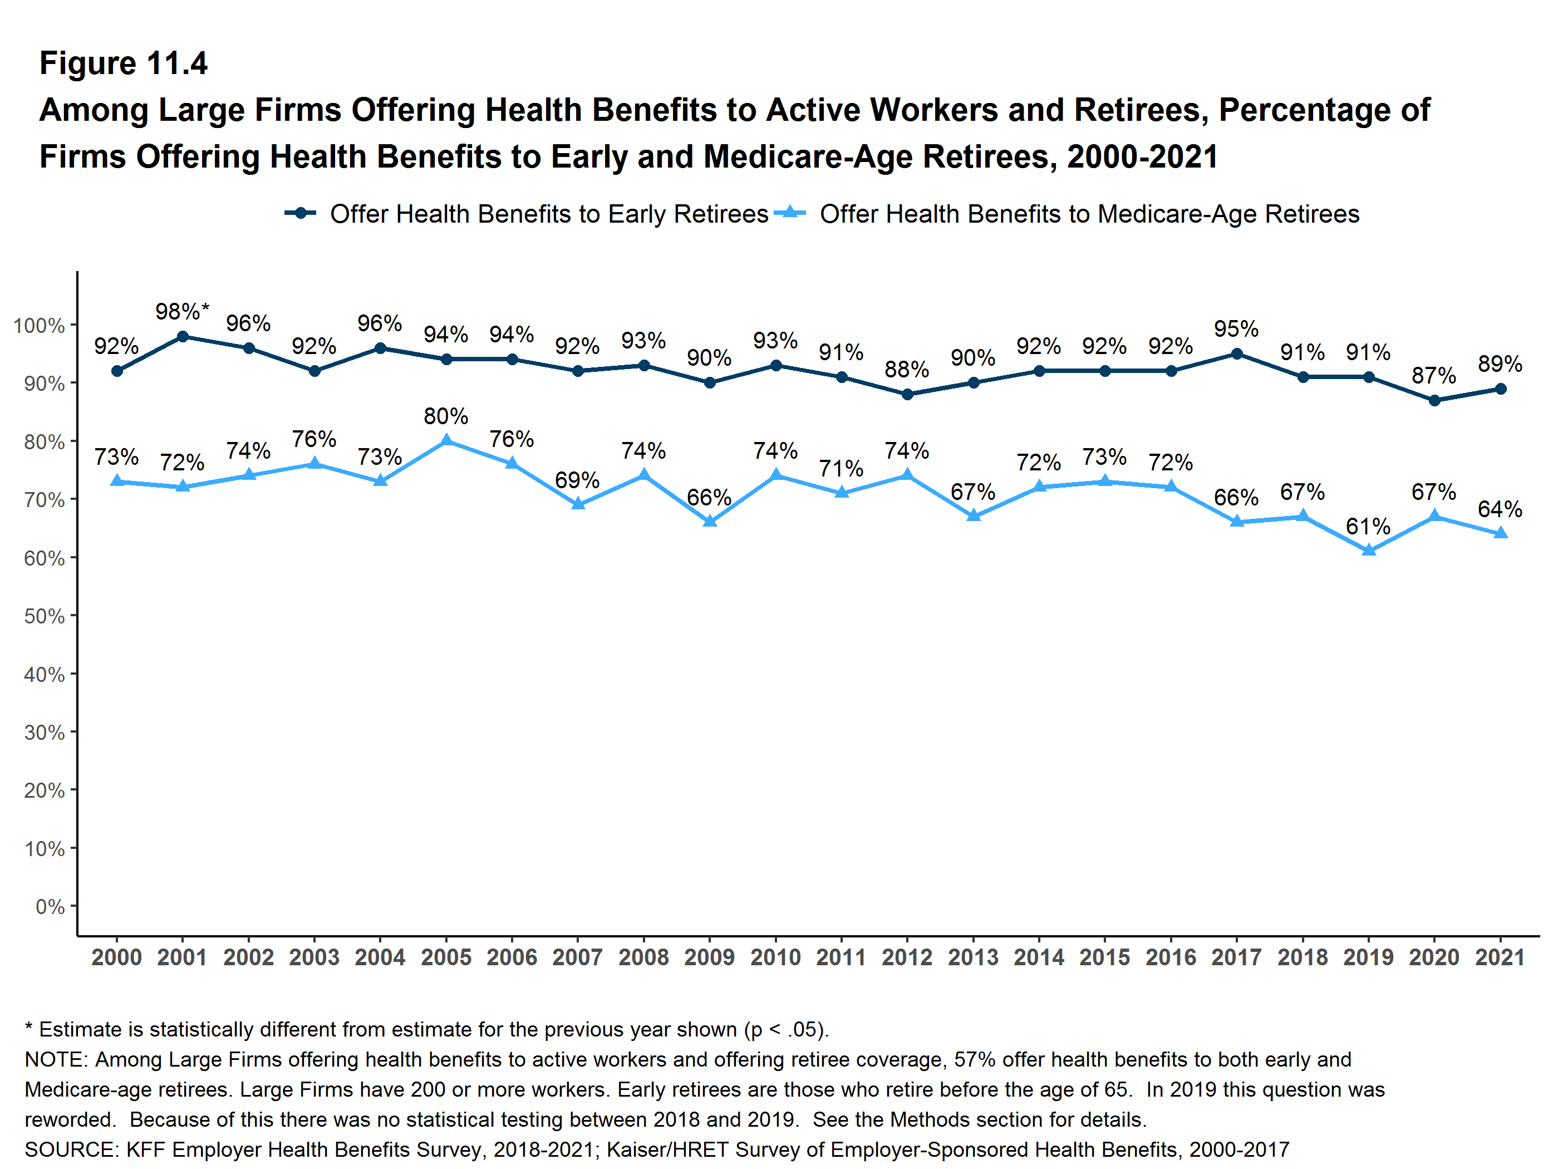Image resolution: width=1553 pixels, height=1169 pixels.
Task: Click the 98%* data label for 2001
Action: [182, 311]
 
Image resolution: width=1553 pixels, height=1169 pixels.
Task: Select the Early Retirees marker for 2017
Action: [1236, 354]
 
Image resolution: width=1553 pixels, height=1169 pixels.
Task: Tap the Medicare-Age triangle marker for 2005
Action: [446, 441]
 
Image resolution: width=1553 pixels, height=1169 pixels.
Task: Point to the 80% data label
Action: [446, 416]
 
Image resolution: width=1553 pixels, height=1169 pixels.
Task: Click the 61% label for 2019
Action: [1368, 526]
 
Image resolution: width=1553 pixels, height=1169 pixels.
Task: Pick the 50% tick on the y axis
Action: [44, 616]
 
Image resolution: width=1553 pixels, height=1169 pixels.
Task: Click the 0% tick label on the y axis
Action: [50, 906]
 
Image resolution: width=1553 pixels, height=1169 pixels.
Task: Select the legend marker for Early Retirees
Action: [301, 213]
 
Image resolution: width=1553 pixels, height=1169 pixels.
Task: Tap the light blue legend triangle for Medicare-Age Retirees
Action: [790, 213]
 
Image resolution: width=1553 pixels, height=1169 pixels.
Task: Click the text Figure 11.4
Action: [124, 63]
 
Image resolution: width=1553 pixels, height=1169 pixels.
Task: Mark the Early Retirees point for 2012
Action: [907, 395]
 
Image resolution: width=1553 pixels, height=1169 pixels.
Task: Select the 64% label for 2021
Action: [1500, 509]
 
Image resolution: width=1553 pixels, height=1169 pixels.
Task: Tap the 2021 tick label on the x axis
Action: [1500, 957]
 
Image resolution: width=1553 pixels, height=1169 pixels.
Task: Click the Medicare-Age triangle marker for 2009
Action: [710, 521]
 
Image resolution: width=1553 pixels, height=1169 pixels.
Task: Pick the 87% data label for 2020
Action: [1434, 376]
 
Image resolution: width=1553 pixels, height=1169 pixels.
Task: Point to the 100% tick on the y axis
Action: [40, 326]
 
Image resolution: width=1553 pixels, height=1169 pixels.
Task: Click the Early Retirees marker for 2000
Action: [116, 371]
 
